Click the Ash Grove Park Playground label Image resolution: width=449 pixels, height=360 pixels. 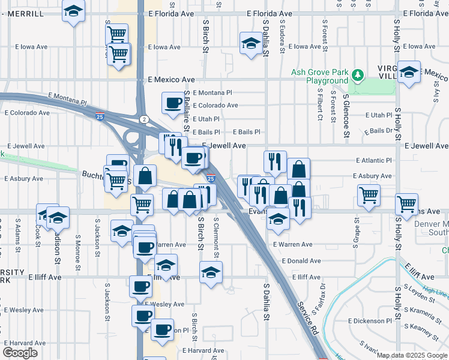(x=319, y=76)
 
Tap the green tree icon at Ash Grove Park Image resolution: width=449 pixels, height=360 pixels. (x=358, y=74)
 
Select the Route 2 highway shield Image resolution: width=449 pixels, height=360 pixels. (x=144, y=119)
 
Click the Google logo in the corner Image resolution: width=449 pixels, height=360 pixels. (x=20, y=353)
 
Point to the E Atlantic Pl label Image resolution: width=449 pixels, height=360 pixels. (x=373, y=160)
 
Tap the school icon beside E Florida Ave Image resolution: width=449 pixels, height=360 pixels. (x=74, y=11)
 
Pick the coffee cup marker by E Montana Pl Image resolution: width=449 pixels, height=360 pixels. (x=173, y=103)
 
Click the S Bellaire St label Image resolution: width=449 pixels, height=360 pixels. (x=187, y=112)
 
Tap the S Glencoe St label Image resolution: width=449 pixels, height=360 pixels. (x=346, y=115)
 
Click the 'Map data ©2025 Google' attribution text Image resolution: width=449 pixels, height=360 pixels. (x=411, y=355)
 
